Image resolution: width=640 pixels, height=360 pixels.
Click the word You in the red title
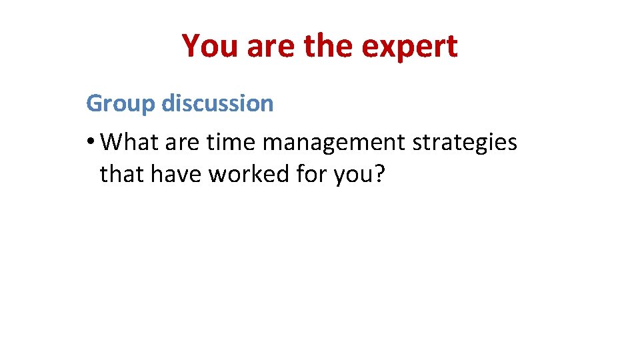coord(209,47)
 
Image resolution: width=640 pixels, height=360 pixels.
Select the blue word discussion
coord(217,103)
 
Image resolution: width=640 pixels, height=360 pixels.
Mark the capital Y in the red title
coord(191,47)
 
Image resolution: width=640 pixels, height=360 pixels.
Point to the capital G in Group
coord(94,103)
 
